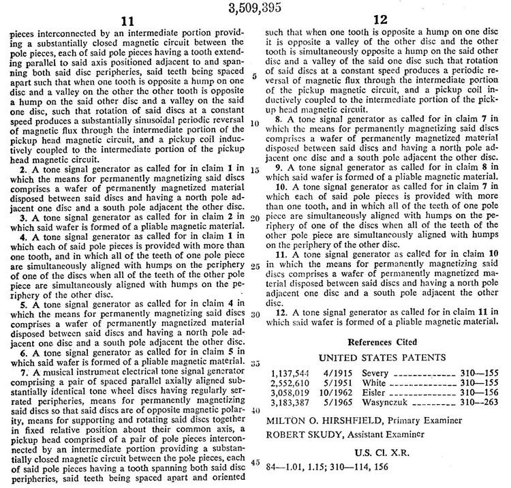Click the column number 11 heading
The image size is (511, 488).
[129, 22]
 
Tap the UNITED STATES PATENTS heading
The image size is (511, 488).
[383, 356]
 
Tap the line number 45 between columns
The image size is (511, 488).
[253, 462]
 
